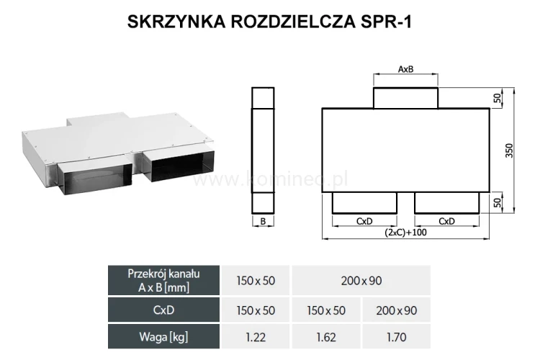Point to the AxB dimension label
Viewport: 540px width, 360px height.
[x=405, y=70]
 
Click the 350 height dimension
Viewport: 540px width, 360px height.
[x=508, y=150]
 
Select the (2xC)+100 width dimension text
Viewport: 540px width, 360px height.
[x=405, y=233]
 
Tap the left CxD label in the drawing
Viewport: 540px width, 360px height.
[x=364, y=221]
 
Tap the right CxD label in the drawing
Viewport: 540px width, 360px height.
[x=446, y=221]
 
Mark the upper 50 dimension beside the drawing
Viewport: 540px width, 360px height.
[x=497, y=98]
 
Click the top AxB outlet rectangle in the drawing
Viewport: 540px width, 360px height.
[x=405, y=97]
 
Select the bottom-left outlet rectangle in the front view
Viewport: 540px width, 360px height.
[x=364, y=203]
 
